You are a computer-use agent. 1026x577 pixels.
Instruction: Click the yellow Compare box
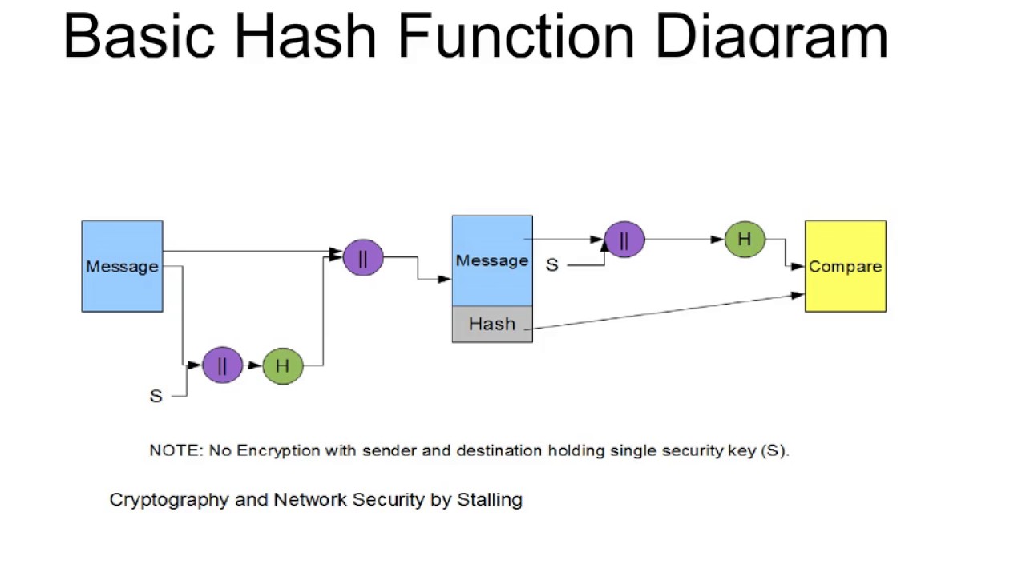[845, 266]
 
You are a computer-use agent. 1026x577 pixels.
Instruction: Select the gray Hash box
[492, 324]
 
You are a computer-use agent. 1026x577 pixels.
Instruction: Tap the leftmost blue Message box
[122, 266]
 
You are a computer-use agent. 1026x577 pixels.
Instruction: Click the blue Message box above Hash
[492, 260]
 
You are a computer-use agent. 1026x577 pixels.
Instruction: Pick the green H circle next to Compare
[745, 239]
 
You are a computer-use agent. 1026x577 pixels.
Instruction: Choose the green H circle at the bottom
[282, 365]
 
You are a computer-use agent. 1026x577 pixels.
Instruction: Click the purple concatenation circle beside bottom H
[222, 365]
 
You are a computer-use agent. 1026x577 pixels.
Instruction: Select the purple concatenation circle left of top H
[624, 239]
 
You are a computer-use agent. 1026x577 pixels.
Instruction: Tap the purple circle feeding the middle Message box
[362, 257]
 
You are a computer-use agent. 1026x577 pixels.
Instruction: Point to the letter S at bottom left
[156, 396]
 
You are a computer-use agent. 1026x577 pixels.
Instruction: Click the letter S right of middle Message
[551, 265]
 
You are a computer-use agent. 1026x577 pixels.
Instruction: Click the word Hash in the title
[305, 35]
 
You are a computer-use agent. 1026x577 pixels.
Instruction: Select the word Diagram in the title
[771, 35]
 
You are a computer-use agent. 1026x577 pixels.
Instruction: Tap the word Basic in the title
[139, 35]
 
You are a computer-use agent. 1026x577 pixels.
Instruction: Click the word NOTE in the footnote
[175, 450]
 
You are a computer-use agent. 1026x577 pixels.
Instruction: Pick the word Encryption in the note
[278, 450]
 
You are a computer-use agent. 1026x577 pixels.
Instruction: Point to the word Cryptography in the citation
[169, 500]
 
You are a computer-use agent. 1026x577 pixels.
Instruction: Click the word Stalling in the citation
[489, 500]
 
